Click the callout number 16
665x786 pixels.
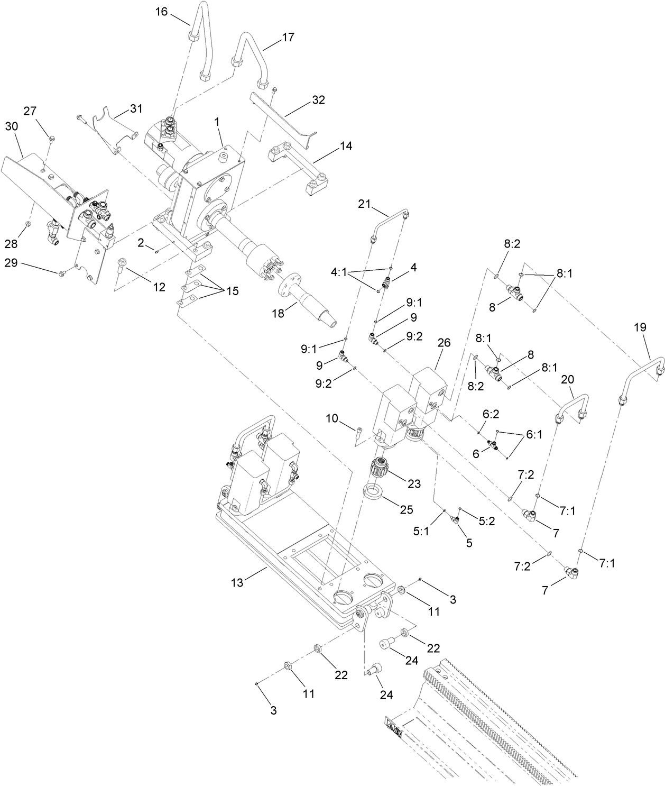pos(161,12)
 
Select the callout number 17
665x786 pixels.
pos(288,37)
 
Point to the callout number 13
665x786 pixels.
pos(237,582)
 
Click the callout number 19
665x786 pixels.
pos(640,327)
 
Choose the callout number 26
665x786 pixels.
pos(444,343)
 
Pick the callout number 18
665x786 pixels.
pos(278,313)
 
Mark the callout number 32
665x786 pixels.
pos(319,99)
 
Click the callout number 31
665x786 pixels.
pos(136,109)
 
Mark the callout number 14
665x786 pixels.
pos(346,145)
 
